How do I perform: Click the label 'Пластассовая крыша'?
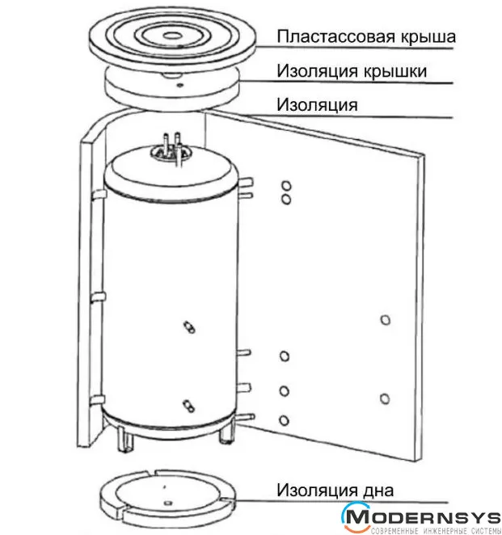point(366,36)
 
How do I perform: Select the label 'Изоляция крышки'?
point(352,71)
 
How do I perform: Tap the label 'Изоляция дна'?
point(335,490)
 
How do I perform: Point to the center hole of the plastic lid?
point(172,35)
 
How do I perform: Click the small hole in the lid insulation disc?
point(180,86)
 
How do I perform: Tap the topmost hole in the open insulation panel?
point(286,187)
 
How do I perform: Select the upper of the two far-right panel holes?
point(386,320)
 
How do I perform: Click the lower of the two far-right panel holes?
point(385,398)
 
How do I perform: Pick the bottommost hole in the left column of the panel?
point(284,420)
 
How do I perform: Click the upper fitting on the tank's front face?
point(189,326)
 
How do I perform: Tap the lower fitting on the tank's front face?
point(188,406)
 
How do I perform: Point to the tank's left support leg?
point(124,439)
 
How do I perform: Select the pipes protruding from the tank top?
point(171,149)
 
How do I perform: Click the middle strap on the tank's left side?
point(98,297)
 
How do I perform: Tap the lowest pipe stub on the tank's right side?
point(244,417)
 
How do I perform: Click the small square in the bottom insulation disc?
point(167,503)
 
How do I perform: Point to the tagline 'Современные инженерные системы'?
point(436,531)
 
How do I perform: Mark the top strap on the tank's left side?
point(99,195)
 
